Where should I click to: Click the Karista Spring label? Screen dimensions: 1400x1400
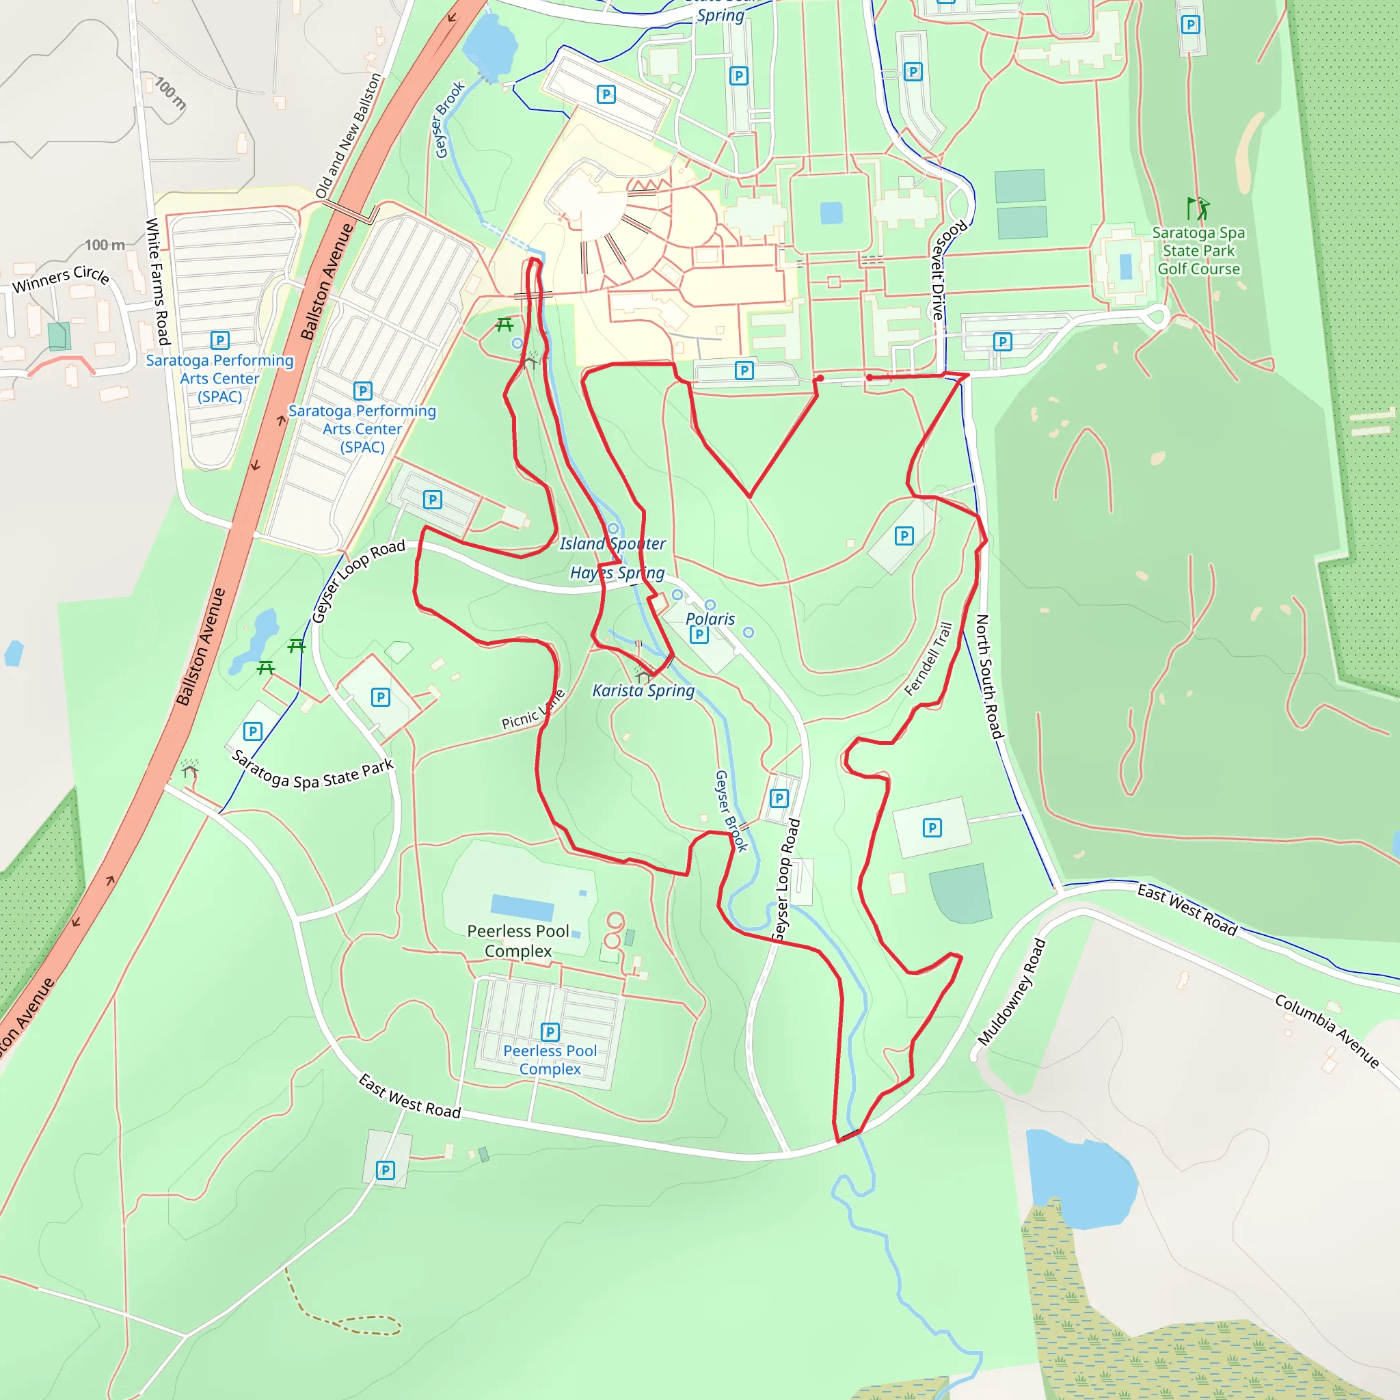[643, 690]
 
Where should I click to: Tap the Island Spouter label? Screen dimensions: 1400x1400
[612, 543]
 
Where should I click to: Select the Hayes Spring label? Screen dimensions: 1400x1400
[617, 572]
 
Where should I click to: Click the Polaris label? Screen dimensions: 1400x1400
[710, 619]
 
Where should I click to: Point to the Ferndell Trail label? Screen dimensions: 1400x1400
[928, 659]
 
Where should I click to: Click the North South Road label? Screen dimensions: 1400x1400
[989, 676]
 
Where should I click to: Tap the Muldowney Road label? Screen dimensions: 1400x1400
[1012, 992]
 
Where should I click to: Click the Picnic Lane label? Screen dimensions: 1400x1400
[533, 711]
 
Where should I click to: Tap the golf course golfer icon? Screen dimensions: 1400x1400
[1198, 208]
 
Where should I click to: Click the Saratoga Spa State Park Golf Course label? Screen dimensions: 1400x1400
[1198, 251]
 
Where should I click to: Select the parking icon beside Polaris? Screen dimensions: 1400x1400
[699, 635]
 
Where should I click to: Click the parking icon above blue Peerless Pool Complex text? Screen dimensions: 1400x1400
[550, 1031]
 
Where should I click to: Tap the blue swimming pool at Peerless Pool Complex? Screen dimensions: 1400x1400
[522, 906]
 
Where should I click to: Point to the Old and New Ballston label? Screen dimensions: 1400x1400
[348, 135]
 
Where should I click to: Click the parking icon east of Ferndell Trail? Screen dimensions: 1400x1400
[932, 828]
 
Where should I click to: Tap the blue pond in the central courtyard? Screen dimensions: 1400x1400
[831, 213]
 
